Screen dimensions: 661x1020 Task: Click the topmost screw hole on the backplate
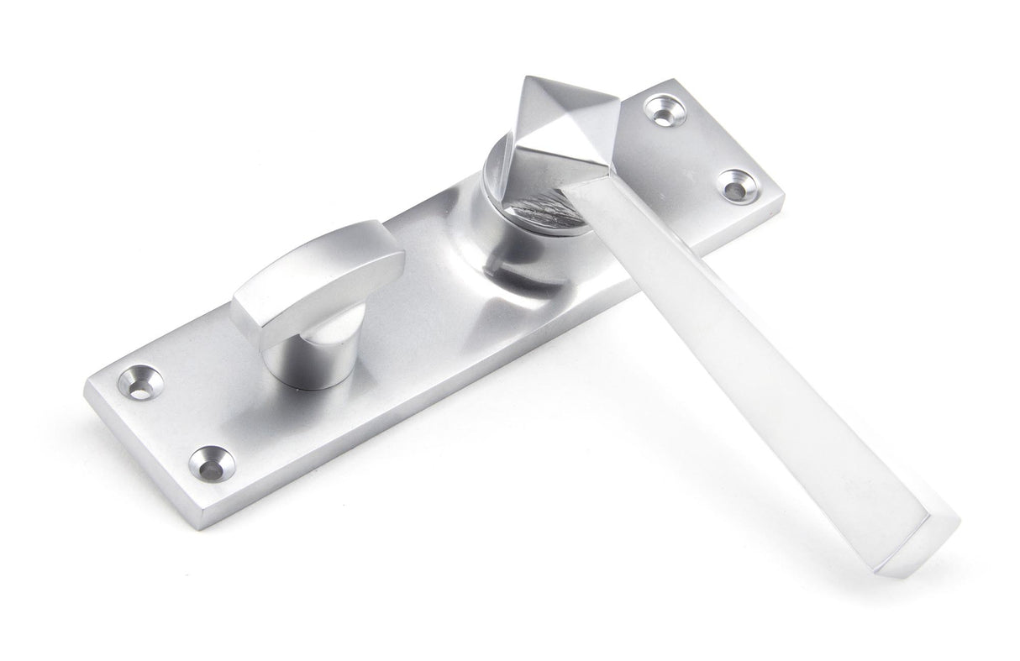coord(661,110)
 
